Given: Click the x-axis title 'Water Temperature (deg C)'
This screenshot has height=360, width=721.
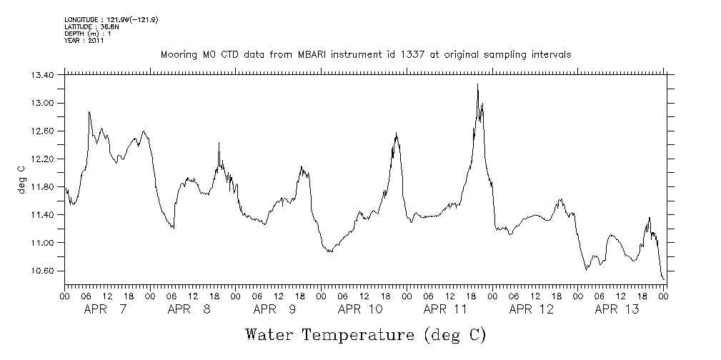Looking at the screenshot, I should click(x=365, y=334).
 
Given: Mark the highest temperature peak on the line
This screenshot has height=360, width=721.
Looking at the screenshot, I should click(x=477, y=84).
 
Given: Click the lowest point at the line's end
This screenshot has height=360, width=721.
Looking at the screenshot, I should click(x=664, y=279).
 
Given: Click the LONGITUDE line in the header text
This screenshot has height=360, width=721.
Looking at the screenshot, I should click(x=111, y=19).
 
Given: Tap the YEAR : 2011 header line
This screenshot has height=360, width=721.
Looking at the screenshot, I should click(x=84, y=41).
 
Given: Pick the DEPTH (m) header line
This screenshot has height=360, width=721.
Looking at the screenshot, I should click(x=87, y=34).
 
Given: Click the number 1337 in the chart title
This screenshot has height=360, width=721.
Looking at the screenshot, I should click(x=404, y=55).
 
